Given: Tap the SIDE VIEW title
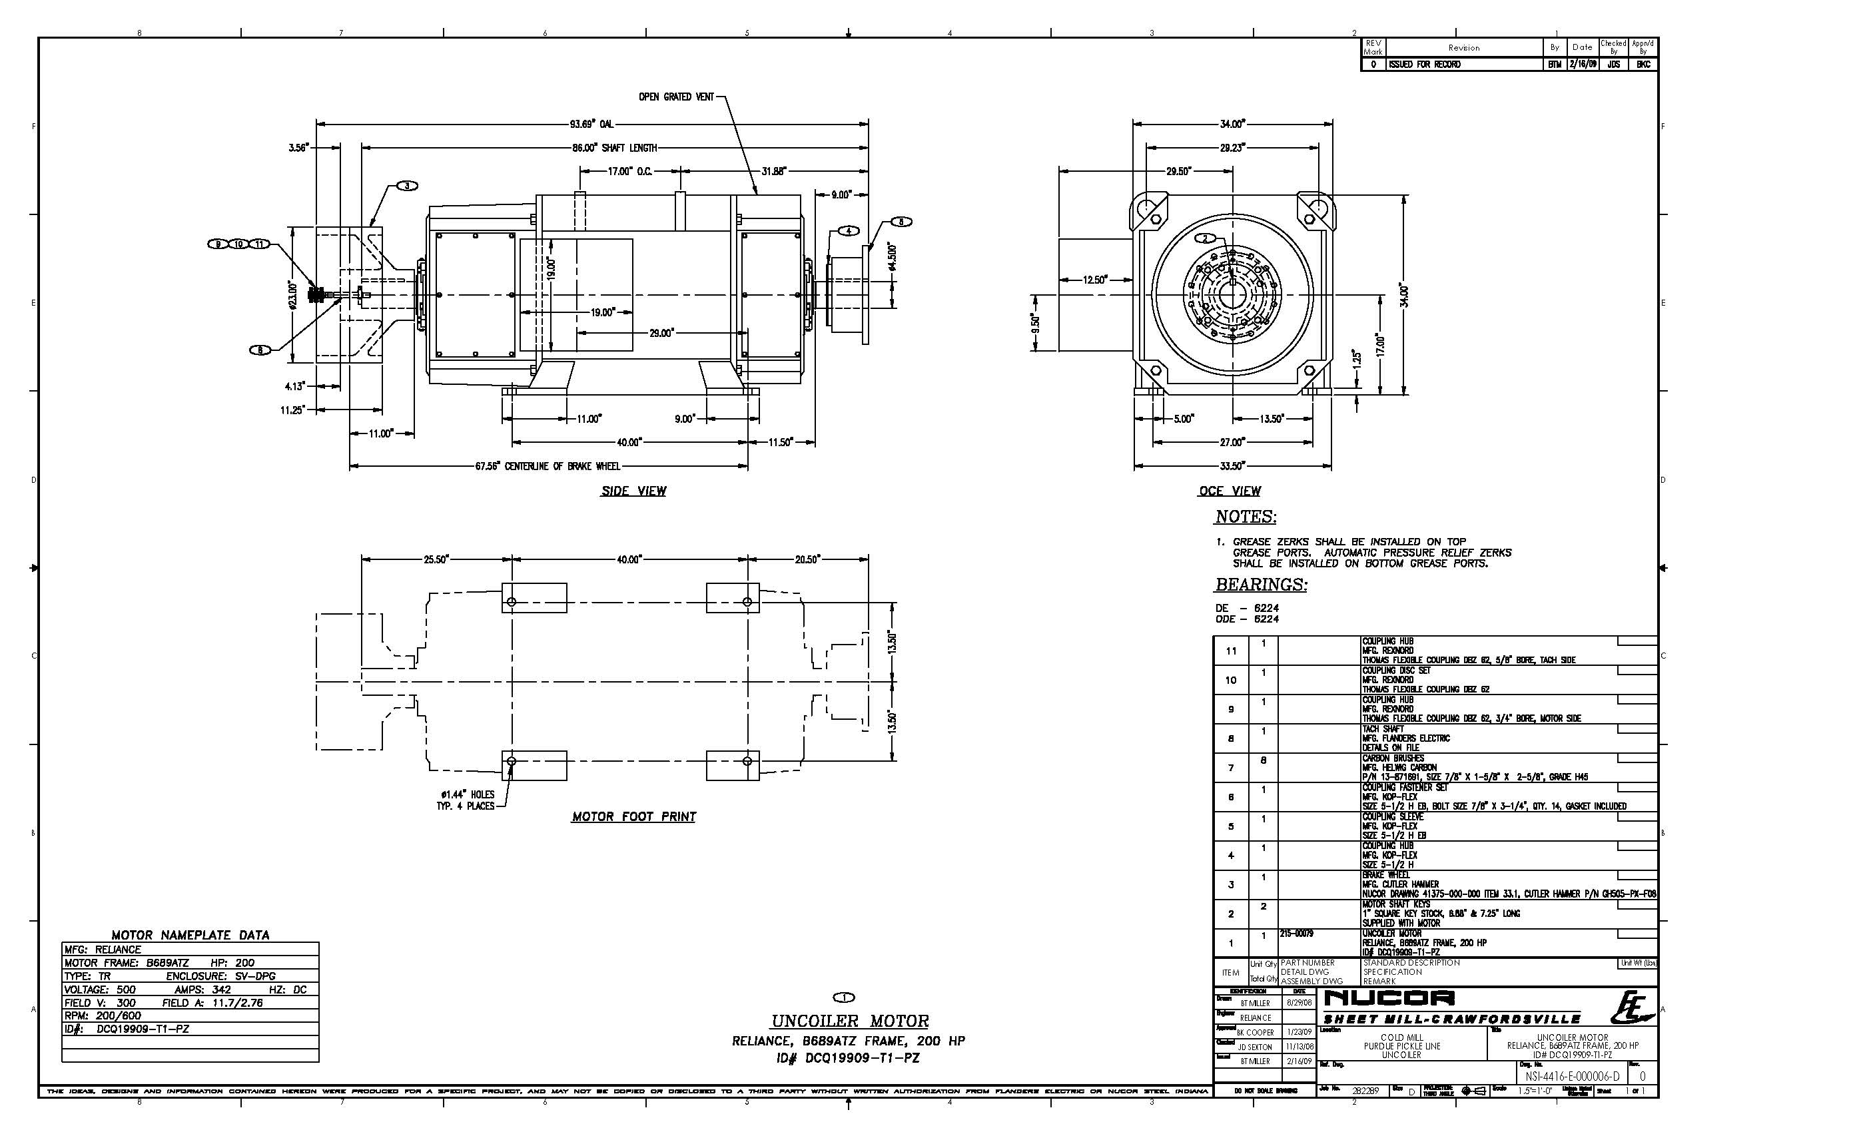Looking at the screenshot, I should tap(633, 491).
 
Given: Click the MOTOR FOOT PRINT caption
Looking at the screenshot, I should tap(633, 816).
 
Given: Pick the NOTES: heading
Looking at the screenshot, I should tap(1245, 517).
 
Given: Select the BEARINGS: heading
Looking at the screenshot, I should tap(1261, 585).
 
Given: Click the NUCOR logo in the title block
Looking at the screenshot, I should tap(1389, 999).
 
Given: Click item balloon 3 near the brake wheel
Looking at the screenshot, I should tap(406, 186).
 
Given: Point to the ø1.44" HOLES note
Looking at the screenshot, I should tap(466, 794).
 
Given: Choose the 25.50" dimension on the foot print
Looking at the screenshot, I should tap(436, 559).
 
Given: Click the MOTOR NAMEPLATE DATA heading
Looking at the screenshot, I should tap(190, 936).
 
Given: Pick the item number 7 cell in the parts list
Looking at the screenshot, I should tap(1231, 768).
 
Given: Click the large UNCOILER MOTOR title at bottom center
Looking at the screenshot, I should tap(849, 1021).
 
